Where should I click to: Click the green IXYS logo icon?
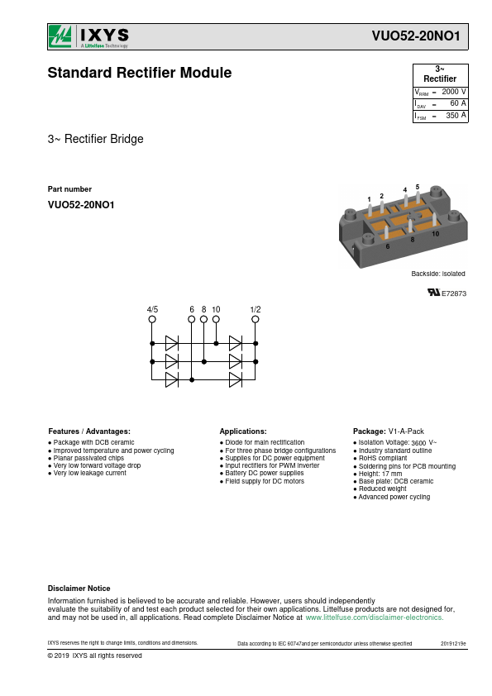[x=60, y=36]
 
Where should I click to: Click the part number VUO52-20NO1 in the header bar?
[x=416, y=36]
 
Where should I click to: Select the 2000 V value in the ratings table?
[x=453, y=92]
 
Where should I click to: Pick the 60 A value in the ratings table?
[x=458, y=103]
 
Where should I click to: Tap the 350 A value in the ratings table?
[x=456, y=116]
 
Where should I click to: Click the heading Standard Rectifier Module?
[x=140, y=73]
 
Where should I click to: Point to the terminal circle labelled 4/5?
[x=152, y=319]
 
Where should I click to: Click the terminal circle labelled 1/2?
[x=256, y=319]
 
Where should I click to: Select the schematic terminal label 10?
[x=216, y=309]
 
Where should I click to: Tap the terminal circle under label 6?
[x=192, y=319]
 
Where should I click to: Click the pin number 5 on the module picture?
[x=418, y=187]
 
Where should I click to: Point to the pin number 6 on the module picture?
[x=388, y=246]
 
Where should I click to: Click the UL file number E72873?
[x=454, y=293]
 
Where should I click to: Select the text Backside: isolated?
[x=438, y=274]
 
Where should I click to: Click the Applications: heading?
[x=243, y=431]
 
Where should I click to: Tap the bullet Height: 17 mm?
[x=378, y=474]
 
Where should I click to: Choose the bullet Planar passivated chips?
[x=86, y=458]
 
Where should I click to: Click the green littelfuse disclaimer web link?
[x=375, y=617]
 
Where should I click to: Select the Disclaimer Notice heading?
[x=79, y=589]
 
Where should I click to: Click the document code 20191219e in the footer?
[x=453, y=644]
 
